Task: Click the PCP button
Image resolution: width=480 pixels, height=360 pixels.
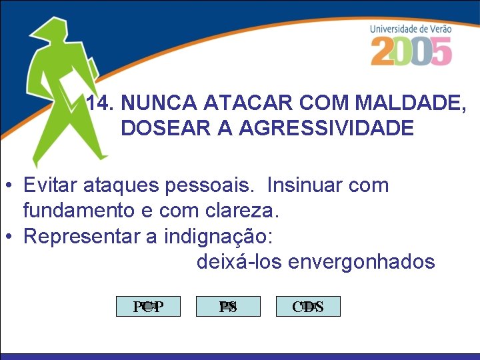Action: pos(148,307)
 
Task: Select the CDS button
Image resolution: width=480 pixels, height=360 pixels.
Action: pos(308,307)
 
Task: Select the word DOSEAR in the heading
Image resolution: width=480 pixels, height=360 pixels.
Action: pos(159,128)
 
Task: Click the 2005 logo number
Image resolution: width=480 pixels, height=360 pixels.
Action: pos(411,51)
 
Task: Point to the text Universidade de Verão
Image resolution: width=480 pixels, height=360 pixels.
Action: pos(411,29)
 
